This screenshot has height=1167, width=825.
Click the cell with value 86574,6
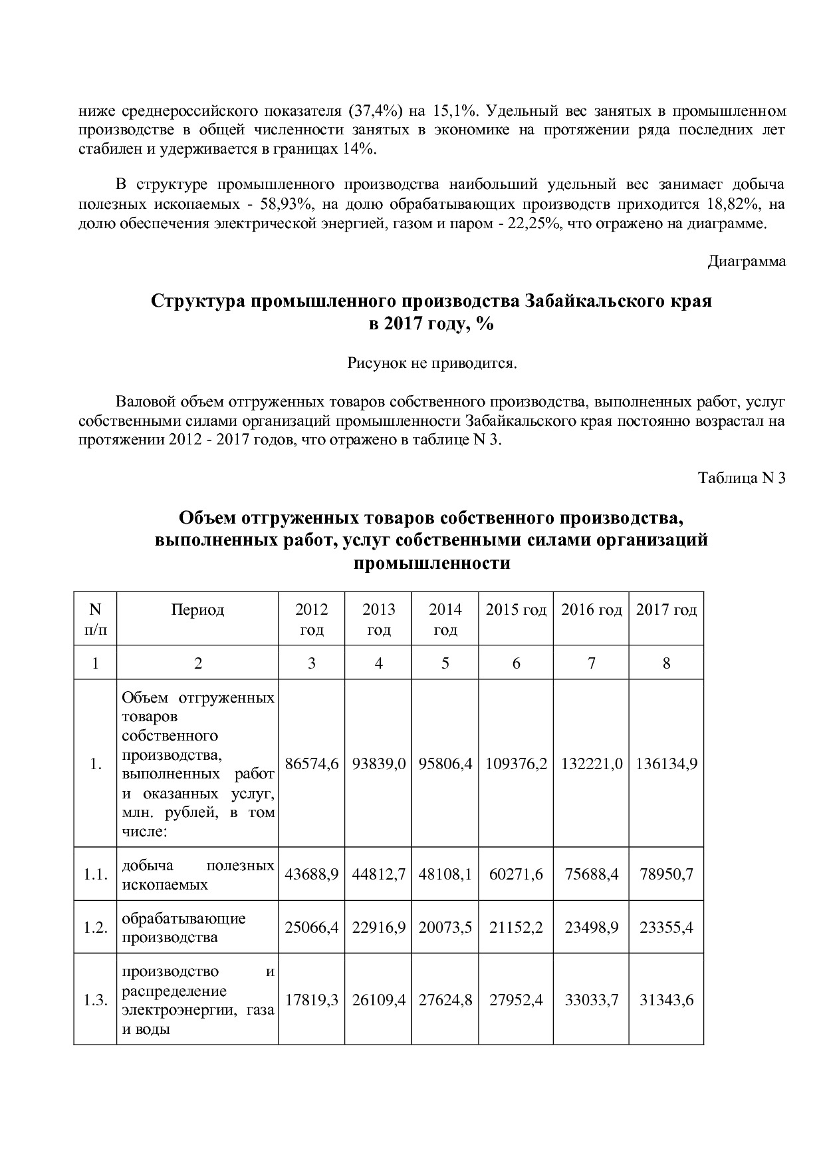311,764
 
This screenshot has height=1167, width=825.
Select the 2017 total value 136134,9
666,764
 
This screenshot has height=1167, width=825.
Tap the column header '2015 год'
516,610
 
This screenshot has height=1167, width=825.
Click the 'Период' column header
197,610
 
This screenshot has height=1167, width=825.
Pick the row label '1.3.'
95,1000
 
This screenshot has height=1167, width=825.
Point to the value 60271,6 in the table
516,874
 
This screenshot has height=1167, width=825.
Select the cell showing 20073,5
445,927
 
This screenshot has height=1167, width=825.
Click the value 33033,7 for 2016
591,1000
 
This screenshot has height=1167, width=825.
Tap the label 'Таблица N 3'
742,478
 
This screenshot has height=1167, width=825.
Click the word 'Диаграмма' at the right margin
746,261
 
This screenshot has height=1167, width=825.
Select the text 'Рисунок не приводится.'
431,363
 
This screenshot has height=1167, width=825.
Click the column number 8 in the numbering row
666,663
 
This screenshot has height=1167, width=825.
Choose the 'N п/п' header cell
95,619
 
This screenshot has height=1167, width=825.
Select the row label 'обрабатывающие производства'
183,927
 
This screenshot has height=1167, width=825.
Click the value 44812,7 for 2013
378,874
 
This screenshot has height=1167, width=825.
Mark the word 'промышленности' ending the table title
431,564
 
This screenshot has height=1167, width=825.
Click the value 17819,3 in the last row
311,1000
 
